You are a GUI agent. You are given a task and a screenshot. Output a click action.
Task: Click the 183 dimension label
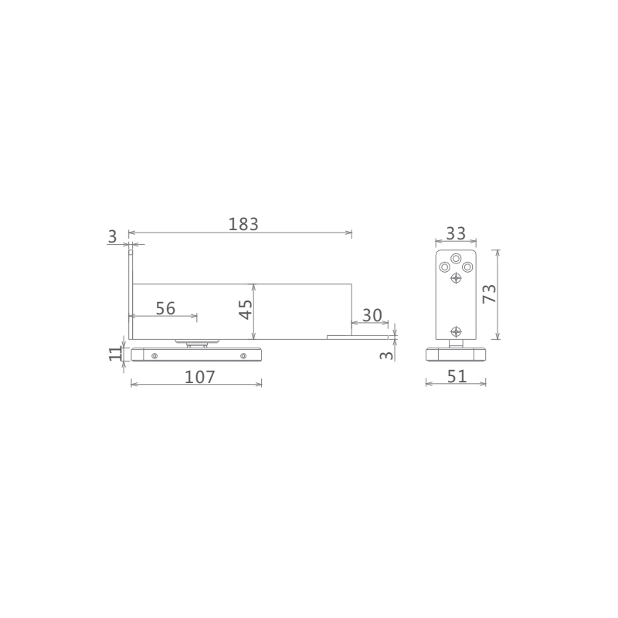click(243, 224)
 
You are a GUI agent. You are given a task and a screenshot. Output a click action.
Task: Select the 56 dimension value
click(165, 308)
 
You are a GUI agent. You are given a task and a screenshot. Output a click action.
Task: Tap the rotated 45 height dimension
click(246, 310)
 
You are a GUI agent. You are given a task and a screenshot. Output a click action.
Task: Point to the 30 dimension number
click(372, 315)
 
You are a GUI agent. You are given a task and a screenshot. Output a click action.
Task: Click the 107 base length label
click(200, 377)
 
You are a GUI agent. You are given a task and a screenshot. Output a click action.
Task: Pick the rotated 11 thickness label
click(115, 354)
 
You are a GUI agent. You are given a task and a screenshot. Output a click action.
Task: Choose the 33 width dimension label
click(456, 234)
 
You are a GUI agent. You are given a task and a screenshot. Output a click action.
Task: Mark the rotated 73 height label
click(489, 294)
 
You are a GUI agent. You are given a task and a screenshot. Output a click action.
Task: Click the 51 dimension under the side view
click(457, 376)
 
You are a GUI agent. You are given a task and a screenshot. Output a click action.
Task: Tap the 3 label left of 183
click(112, 236)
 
